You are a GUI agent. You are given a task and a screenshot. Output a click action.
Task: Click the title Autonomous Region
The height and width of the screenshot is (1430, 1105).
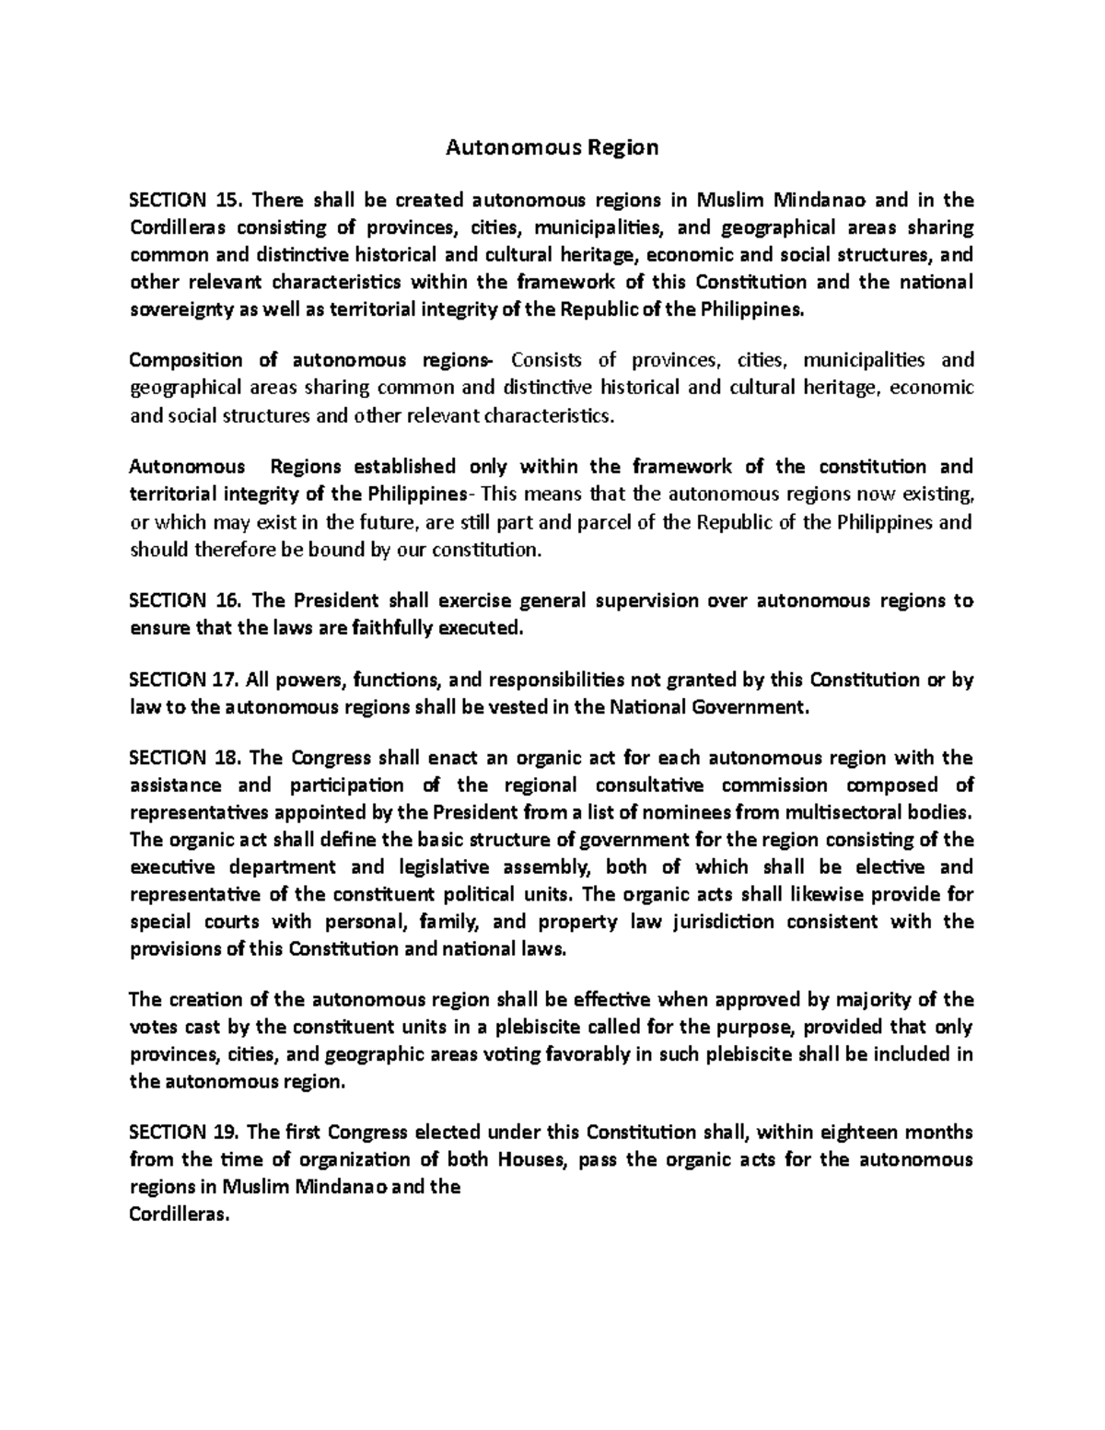pyautogui.click(x=552, y=147)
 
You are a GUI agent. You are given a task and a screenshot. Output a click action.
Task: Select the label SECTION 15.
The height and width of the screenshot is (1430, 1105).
pyautogui.click(x=184, y=201)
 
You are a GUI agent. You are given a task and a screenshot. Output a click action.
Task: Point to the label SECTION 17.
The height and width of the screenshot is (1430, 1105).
pyautogui.click(x=184, y=680)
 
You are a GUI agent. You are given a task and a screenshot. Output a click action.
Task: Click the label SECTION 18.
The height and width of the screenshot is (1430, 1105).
pyautogui.click(x=184, y=759)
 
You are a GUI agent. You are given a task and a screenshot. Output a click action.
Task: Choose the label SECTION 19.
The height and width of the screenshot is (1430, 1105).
pyautogui.click(x=184, y=1133)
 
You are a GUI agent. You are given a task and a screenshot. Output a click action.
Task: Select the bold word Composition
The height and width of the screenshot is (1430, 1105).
pyautogui.click(x=186, y=361)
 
